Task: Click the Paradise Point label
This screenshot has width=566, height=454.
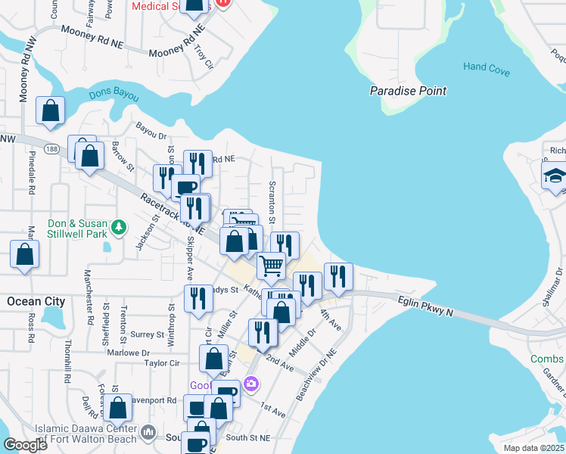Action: click(408, 91)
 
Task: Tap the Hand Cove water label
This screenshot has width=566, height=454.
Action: click(487, 67)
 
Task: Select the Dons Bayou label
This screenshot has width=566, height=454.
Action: click(114, 95)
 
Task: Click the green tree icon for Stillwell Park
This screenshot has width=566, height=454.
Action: click(118, 226)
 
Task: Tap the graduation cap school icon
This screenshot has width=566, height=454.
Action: click(555, 176)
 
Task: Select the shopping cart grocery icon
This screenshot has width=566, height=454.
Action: click(270, 265)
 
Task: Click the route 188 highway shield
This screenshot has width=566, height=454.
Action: click(51, 148)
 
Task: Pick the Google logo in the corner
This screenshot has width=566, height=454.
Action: click(25, 445)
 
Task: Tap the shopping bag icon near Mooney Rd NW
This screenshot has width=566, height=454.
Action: click(50, 110)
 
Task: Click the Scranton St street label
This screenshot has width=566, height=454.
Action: click(272, 197)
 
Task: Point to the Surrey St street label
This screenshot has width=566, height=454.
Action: click(148, 334)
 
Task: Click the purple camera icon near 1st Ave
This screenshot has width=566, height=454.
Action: click(251, 384)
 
